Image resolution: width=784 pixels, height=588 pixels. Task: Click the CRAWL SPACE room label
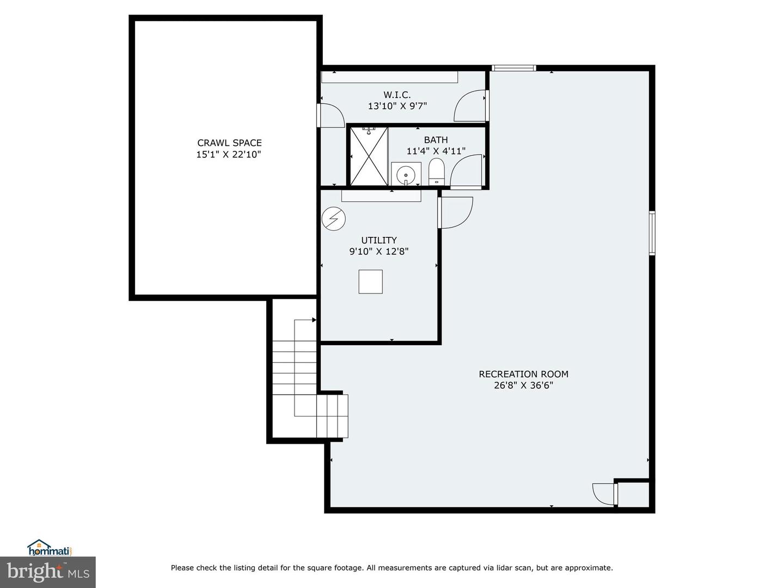coord(229,143)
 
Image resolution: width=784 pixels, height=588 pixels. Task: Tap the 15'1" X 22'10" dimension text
coord(229,155)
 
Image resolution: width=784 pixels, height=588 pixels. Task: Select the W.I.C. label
coord(397,95)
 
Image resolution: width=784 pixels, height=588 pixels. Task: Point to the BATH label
coord(436,139)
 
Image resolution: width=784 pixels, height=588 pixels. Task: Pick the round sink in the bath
coord(406,175)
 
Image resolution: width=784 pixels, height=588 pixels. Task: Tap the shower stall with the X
coord(369,156)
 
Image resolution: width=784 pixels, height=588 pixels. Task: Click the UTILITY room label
coord(379,240)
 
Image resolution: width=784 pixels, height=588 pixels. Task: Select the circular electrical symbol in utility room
coord(334,218)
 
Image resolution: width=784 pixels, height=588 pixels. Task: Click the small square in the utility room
coord(370,281)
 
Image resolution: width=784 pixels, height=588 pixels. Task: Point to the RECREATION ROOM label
coord(523,374)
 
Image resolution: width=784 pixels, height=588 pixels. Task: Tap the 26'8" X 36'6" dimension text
coord(523,385)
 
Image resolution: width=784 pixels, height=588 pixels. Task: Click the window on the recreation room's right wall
coord(652,233)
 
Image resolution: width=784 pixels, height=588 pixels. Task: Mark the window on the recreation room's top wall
coord(513,68)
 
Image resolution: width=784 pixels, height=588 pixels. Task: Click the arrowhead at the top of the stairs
coord(314,320)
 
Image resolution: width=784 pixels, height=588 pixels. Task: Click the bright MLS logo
coord(48,572)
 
